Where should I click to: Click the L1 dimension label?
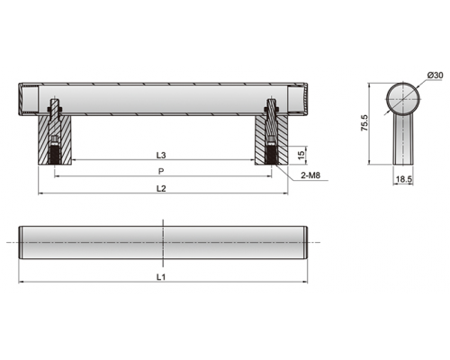point(161,277)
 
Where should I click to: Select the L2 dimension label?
point(161,188)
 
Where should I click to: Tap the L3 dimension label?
point(161,155)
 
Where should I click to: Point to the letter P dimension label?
point(161,172)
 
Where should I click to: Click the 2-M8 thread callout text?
point(310,175)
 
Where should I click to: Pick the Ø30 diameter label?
point(435,76)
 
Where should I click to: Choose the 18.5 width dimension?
point(403,179)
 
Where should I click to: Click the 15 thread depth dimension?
point(301,155)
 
